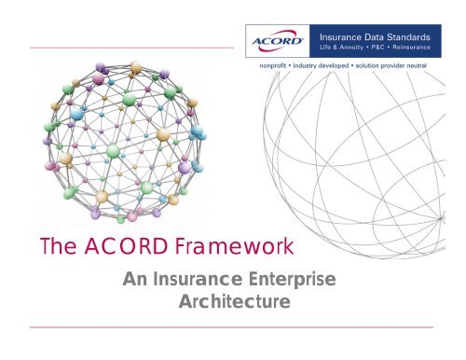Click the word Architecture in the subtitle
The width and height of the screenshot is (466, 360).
[x=233, y=303]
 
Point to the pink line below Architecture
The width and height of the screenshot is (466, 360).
[x=233, y=328]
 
